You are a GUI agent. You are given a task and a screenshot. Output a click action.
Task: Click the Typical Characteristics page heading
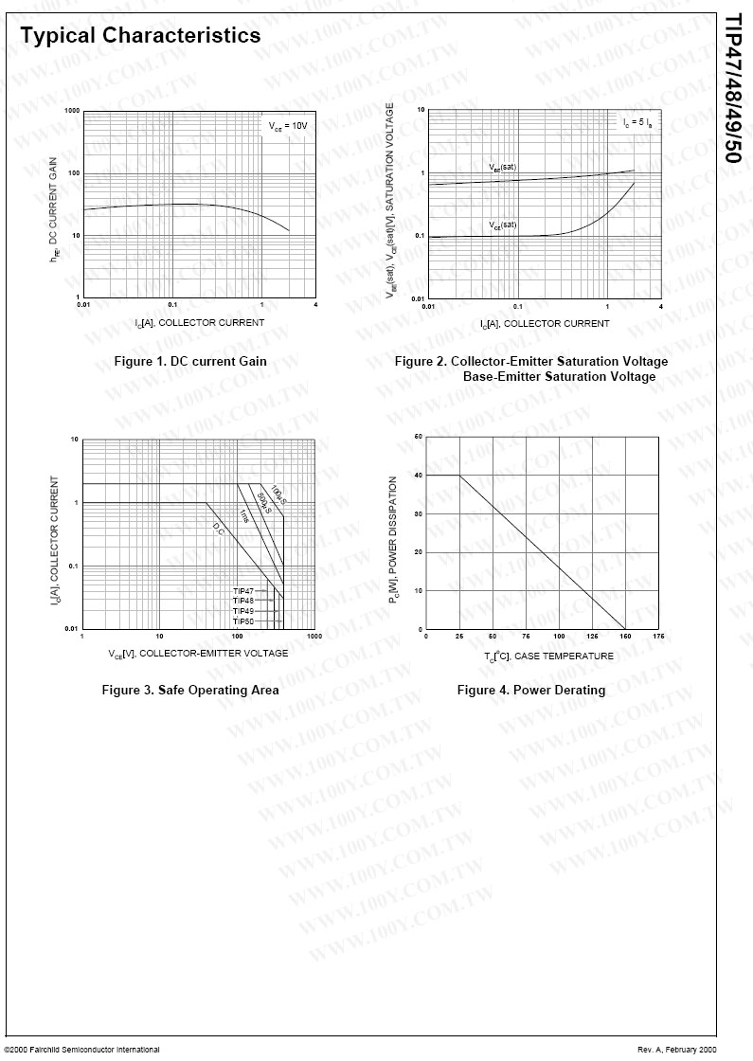point(140,36)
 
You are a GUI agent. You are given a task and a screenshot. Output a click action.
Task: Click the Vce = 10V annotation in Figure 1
point(287,125)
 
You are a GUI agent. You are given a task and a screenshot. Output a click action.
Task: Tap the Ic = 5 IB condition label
point(636,123)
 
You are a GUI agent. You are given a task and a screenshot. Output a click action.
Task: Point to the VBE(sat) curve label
point(502,168)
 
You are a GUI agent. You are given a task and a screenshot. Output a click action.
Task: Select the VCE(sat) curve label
point(502,225)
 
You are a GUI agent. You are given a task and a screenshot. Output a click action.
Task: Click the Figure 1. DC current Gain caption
point(190,361)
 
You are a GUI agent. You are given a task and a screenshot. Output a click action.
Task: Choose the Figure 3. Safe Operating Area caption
point(190,690)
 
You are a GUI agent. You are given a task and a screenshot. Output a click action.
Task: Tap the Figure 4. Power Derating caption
point(530,690)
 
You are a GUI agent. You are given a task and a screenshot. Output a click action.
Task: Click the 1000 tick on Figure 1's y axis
point(72,112)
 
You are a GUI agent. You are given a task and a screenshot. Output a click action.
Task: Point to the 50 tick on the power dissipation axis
point(419,437)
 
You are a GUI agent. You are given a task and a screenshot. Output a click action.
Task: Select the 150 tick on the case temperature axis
point(625,637)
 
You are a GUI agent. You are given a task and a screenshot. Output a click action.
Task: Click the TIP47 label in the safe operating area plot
point(243,591)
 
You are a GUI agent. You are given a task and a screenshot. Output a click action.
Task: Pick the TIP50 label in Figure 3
point(243,620)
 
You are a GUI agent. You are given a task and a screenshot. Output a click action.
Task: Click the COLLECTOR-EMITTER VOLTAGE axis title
point(198,653)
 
